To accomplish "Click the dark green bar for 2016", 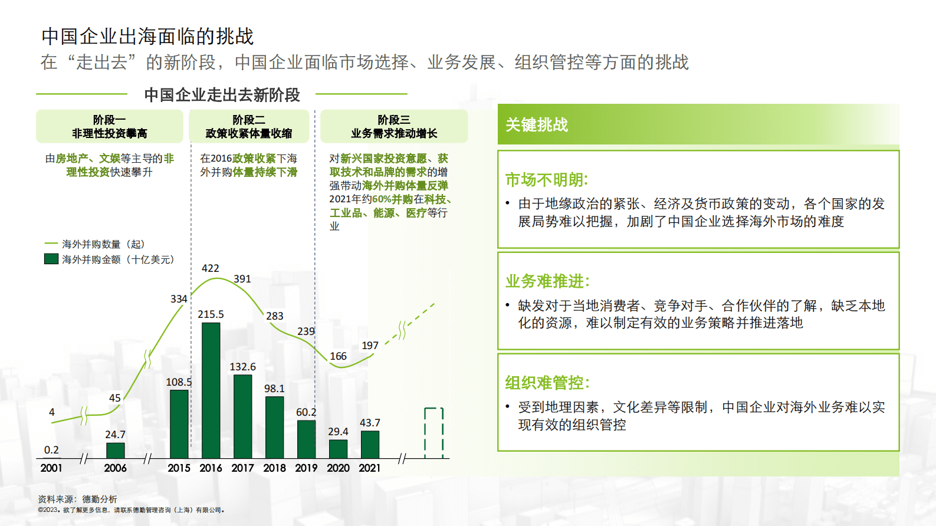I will coord(211,390).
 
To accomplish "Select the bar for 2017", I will coord(242,416).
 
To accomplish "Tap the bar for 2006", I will coord(115,451).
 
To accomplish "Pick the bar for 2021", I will coord(370,445).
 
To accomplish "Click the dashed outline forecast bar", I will coord(433,433).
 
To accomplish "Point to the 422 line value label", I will coord(211,268).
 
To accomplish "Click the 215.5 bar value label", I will coord(211,314).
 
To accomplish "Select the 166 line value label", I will coord(338,356).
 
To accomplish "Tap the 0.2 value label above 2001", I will coord(51,450).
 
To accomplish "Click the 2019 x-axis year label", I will coord(306,468).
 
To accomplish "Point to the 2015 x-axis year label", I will coord(179,468).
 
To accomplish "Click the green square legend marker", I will coord(51,259).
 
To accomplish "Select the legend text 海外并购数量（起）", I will coord(103,244).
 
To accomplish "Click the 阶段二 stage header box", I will coord(248,126).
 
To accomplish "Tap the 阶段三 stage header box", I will coord(394,126).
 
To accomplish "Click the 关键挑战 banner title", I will coord(537,125).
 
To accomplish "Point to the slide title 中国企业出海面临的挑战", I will coord(147,37).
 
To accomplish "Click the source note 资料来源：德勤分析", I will coord(78,499).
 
